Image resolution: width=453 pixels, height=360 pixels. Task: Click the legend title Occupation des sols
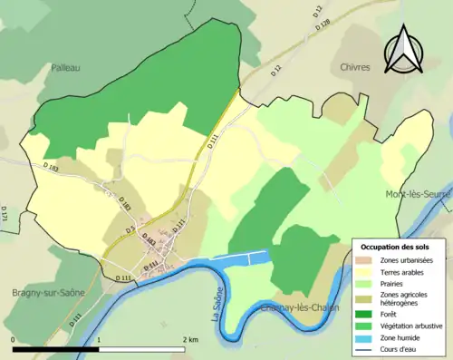coord(395,246)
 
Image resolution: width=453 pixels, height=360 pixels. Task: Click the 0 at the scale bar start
coord(14,339)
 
